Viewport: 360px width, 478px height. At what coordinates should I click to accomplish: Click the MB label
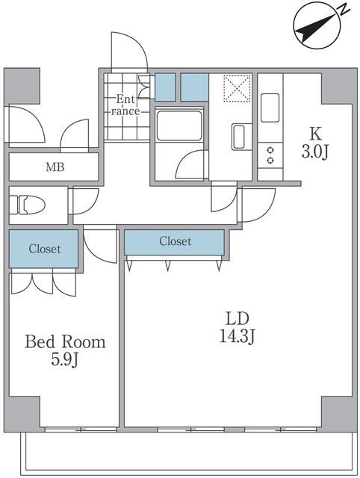tap(55, 167)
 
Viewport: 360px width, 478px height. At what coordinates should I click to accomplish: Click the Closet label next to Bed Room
tap(44, 249)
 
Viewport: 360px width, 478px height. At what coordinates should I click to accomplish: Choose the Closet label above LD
tap(175, 241)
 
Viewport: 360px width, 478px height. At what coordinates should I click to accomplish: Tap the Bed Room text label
tap(65, 342)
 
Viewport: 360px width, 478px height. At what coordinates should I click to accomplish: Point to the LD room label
tap(237, 316)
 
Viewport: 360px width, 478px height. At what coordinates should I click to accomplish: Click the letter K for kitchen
tap(316, 134)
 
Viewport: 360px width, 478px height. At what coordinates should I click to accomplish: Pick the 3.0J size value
tap(316, 153)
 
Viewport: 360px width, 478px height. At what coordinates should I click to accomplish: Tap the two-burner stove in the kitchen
tap(270, 155)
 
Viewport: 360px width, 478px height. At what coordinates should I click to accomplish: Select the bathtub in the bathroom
tap(179, 125)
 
